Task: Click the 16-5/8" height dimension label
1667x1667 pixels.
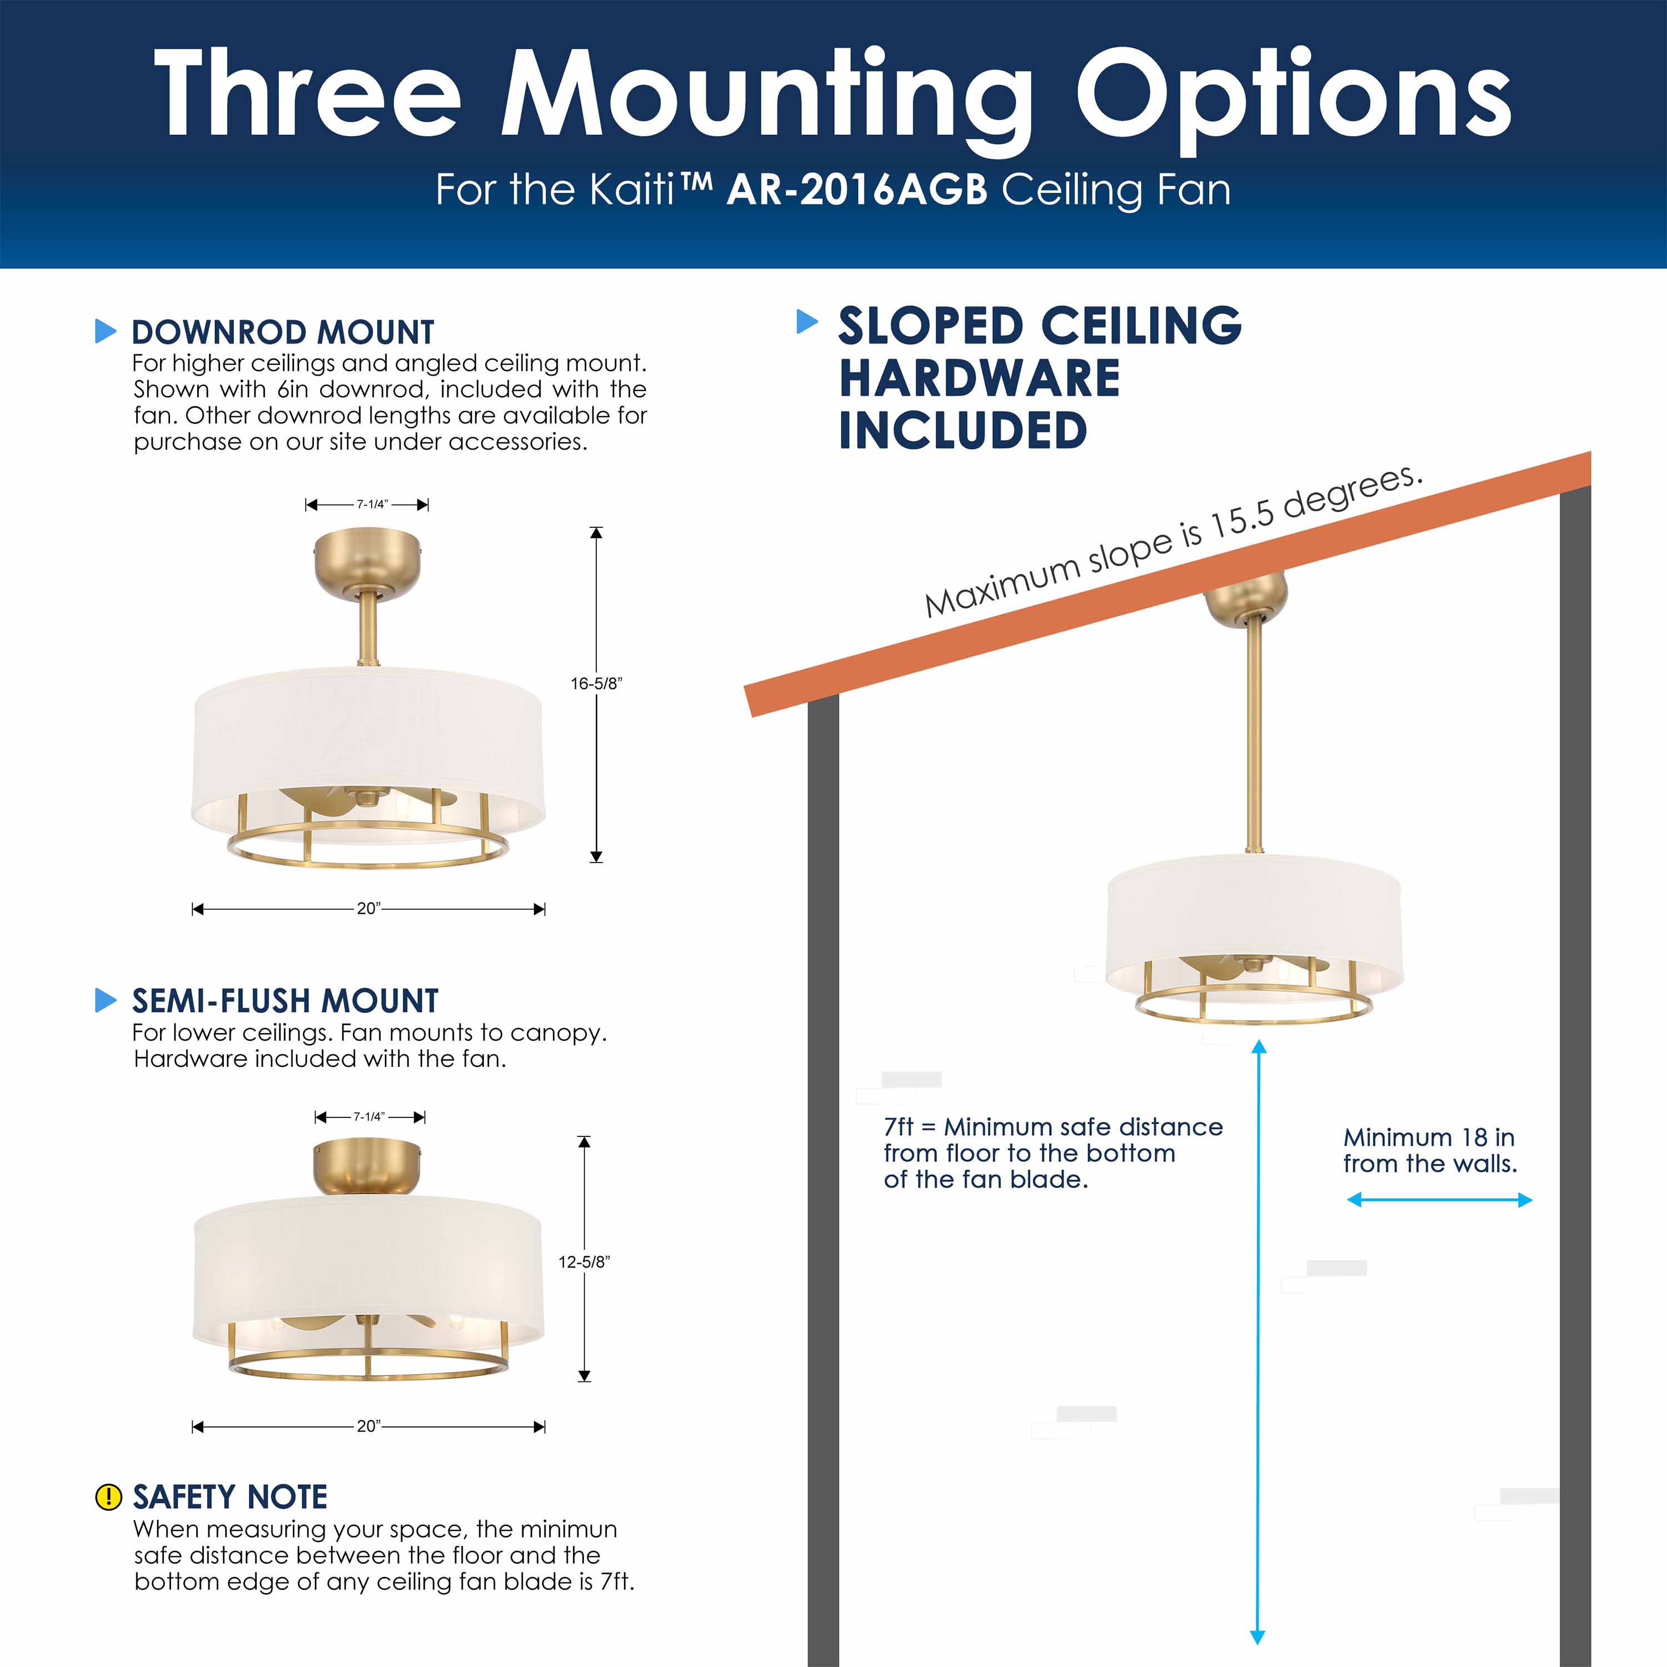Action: tap(595, 683)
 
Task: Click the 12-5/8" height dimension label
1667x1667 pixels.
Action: tap(584, 1261)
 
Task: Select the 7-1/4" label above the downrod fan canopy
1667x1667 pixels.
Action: tap(372, 505)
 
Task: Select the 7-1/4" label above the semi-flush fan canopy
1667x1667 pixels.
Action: tap(370, 1116)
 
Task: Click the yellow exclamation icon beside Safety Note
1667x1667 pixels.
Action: tap(108, 1497)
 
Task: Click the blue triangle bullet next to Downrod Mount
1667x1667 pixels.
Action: tap(105, 331)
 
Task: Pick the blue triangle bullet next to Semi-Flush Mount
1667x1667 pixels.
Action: tap(105, 1000)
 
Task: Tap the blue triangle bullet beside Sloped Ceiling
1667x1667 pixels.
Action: tap(807, 322)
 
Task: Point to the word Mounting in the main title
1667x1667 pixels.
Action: tap(765, 95)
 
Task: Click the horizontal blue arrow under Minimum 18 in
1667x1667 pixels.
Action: tap(1439, 1199)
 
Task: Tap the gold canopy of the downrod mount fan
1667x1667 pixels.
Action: tap(367, 561)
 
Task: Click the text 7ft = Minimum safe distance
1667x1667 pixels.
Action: tap(1052, 1127)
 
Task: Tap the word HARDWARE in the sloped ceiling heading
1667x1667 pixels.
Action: tap(979, 379)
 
